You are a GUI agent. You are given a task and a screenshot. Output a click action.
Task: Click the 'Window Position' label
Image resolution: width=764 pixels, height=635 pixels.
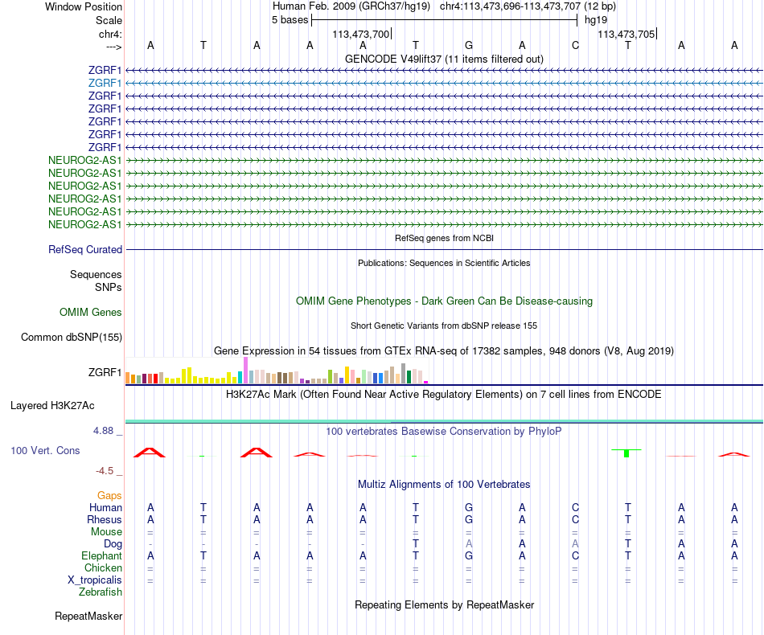(84, 6)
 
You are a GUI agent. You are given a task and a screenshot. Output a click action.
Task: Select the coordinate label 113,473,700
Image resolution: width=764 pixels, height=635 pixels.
(361, 34)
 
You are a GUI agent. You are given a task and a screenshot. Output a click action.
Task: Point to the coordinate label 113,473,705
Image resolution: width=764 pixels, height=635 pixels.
(626, 34)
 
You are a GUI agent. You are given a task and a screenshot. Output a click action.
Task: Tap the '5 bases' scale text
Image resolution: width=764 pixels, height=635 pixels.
(290, 20)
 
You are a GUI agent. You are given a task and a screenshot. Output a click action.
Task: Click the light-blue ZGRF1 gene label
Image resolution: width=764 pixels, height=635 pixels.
(105, 83)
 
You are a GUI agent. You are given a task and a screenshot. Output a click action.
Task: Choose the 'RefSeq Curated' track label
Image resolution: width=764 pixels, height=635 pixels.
(85, 250)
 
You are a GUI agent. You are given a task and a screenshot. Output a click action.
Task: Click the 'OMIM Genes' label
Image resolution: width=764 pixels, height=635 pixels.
(91, 312)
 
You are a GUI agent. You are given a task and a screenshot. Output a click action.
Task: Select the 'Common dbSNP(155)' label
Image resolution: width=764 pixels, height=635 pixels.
(72, 338)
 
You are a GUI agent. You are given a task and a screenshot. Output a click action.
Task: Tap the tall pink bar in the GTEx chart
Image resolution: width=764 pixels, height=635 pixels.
(245, 371)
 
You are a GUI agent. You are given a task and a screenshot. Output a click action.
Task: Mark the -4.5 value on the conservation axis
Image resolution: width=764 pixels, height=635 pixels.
(108, 471)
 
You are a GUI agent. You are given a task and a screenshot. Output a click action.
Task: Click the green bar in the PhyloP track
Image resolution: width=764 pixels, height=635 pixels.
(626, 454)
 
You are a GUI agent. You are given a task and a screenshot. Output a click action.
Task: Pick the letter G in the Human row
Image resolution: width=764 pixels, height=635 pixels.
(469, 507)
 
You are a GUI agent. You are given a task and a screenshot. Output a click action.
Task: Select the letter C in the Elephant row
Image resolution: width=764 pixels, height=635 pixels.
(575, 555)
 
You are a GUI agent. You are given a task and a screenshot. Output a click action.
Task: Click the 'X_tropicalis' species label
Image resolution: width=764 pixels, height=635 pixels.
(95, 580)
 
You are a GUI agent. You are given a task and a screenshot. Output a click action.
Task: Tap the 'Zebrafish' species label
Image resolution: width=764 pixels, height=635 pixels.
(101, 592)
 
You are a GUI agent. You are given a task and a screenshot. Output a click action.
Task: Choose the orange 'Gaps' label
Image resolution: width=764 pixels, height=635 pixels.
(109, 495)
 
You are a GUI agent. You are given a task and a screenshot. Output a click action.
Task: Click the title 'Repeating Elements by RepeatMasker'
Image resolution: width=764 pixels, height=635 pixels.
(444, 604)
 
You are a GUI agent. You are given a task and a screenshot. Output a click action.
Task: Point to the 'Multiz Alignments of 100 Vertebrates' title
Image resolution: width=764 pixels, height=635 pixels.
(444, 485)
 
